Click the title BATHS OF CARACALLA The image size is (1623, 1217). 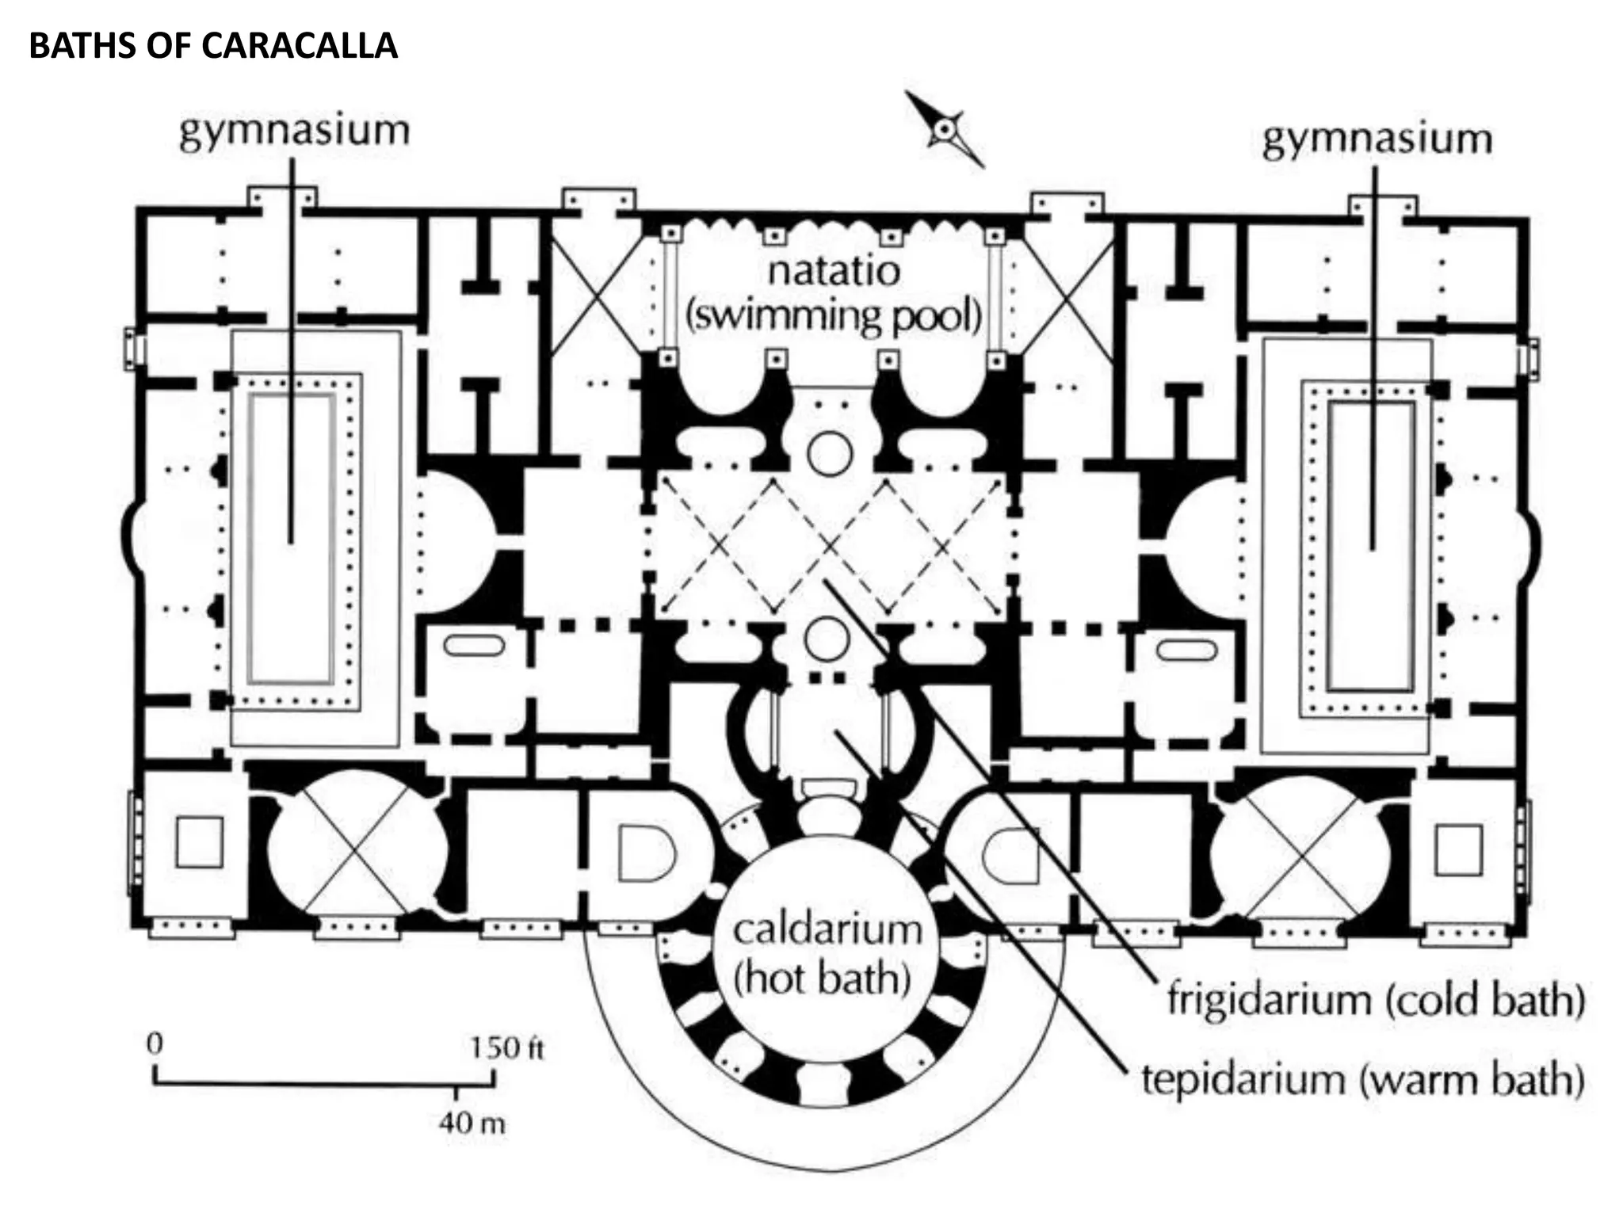coord(212,46)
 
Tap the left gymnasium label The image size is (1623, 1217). coord(294,131)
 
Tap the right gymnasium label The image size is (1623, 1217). coord(1377,139)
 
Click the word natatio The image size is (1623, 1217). coord(834,271)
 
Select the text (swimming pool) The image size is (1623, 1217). coord(834,316)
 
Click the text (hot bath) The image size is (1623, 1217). coord(822,978)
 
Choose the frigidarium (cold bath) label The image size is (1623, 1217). coord(1376,999)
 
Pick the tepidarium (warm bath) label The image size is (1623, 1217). coord(1362,1079)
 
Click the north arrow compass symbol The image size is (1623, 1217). coord(945,130)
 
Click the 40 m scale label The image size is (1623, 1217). coord(472,1123)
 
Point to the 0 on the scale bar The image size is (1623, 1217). coord(155,1043)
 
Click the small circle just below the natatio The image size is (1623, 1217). coord(830,454)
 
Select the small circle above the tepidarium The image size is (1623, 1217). coord(827,639)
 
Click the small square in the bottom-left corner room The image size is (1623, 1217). coord(199,842)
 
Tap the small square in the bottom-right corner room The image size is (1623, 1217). coord(1458,849)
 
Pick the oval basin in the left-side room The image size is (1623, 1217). coord(474,646)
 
